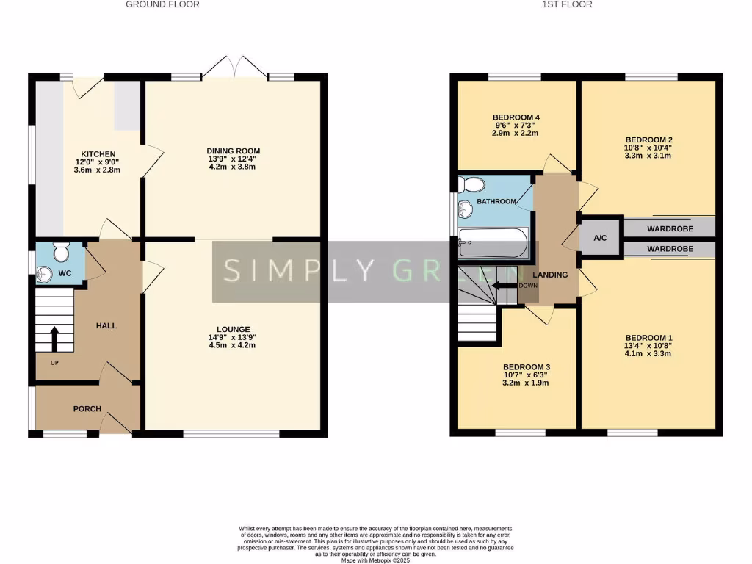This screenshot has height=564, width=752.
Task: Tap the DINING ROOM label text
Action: click(x=234, y=151)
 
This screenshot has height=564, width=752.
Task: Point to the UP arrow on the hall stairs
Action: click(x=54, y=337)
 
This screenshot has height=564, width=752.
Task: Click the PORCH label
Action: click(x=87, y=409)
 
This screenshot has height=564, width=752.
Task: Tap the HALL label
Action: click(x=106, y=325)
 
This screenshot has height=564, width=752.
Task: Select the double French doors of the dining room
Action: click(x=234, y=67)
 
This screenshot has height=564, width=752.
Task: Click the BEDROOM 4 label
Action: click(x=516, y=117)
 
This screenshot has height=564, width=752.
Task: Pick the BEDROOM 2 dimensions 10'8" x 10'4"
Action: click(x=648, y=148)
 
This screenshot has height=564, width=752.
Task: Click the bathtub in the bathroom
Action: click(x=492, y=243)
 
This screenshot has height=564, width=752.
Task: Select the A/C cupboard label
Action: click(x=600, y=238)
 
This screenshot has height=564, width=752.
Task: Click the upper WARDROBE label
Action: click(x=670, y=228)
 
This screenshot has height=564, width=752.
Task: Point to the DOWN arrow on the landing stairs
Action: click(x=505, y=286)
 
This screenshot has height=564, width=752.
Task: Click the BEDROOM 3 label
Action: click(x=527, y=367)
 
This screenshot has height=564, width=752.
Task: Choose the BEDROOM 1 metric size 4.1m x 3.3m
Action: click(x=648, y=353)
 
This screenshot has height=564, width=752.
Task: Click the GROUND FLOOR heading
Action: click(x=162, y=4)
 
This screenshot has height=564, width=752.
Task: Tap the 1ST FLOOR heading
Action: click(x=567, y=4)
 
